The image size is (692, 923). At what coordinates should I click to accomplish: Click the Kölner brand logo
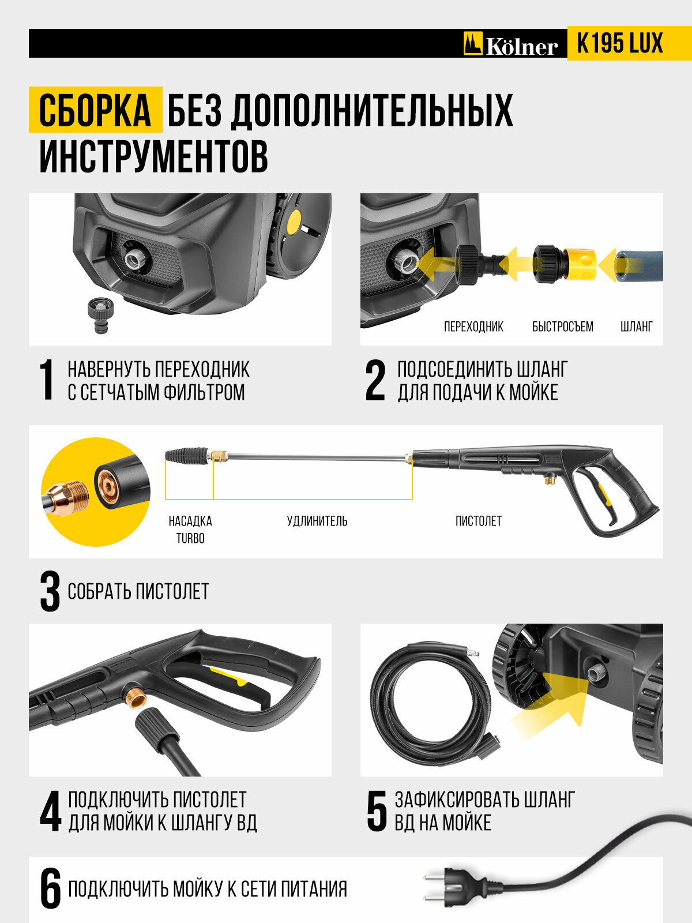[510, 44]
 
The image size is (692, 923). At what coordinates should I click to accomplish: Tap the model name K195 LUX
[620, 43]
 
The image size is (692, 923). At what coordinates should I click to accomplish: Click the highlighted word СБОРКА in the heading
[95, 110]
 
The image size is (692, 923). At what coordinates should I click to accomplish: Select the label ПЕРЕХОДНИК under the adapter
[473, 327]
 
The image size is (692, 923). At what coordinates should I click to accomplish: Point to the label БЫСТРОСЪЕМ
[563, 327]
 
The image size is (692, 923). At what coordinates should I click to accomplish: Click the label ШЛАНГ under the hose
[637, 327]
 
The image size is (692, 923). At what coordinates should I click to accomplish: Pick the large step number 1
[47, 380]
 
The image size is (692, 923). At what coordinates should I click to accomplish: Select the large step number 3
[50, 591]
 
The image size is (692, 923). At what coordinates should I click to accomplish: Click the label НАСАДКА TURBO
[190, 530]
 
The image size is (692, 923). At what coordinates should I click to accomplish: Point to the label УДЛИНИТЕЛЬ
[317, 521]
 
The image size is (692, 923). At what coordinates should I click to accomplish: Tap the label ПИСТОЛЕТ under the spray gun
[479, 521]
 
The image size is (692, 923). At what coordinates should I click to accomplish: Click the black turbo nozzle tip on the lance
[186, 456]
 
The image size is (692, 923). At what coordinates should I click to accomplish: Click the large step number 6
[50, 889]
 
